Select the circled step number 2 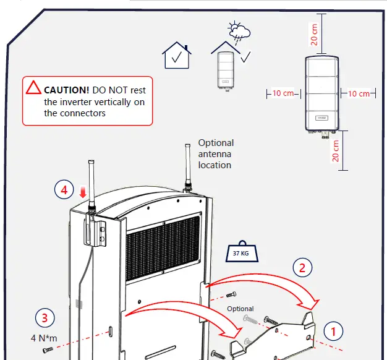pyautogui.click(x=302, y=268)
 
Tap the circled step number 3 pyautogui.click(x=45, y=319)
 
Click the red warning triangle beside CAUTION pyautogui.click(x=33, y=87)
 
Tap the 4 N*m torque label pyautogui.click(x=45, y=338)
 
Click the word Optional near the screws pyautogui.click(x=240, y=309)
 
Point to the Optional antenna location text pyautogui.click(x=216, y=154)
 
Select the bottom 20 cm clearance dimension pyautogui.click(x=336, y=150)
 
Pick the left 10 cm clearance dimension pyautogui.click(x=283, y=93)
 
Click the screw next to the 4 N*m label pyautogui.click(x=47, y=351)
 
